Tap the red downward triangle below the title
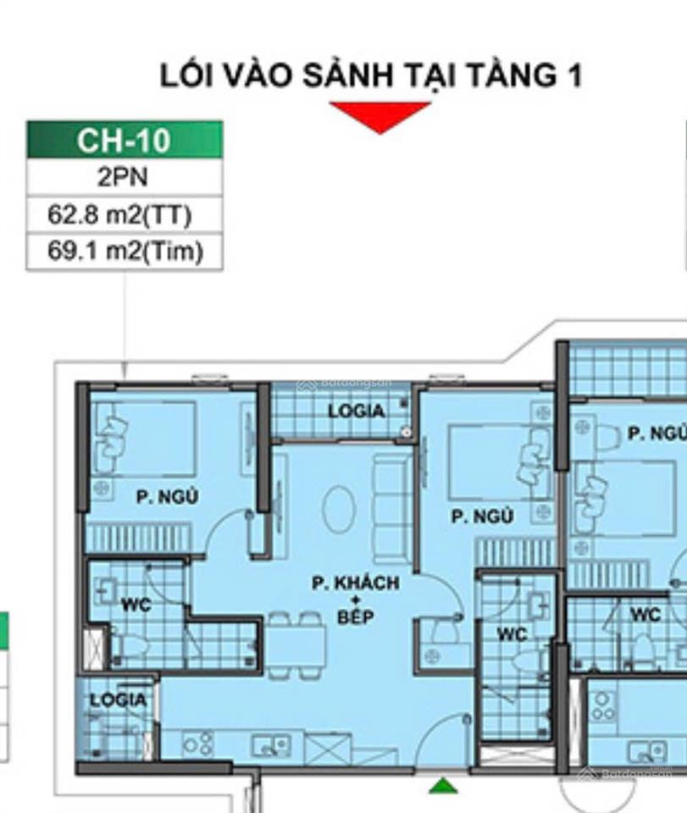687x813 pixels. [380, 116]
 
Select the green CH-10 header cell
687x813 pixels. [125, 140]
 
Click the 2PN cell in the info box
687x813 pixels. [125, 178]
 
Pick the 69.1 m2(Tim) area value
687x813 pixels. [125, 252]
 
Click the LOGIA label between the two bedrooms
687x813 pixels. [357, 411]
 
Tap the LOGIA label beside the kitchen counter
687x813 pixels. [117, 700]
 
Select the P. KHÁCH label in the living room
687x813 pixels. [355, 583]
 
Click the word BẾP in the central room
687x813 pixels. [355, 617]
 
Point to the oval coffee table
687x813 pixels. [339, 509]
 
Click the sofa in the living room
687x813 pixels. [391, 508]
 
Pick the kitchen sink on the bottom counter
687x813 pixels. [270, 745]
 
